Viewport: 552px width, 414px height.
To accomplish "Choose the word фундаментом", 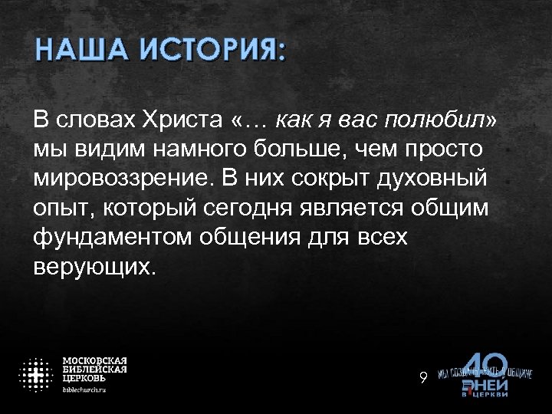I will click(x=112, y=238).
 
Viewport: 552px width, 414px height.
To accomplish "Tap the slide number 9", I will click(x=422, y=376).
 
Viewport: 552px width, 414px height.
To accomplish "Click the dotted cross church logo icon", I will click(x=35, y=374).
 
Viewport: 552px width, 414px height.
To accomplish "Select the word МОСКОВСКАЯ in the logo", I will click(x=94, y=360).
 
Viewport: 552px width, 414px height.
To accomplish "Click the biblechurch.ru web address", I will click(x=84, y=389).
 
